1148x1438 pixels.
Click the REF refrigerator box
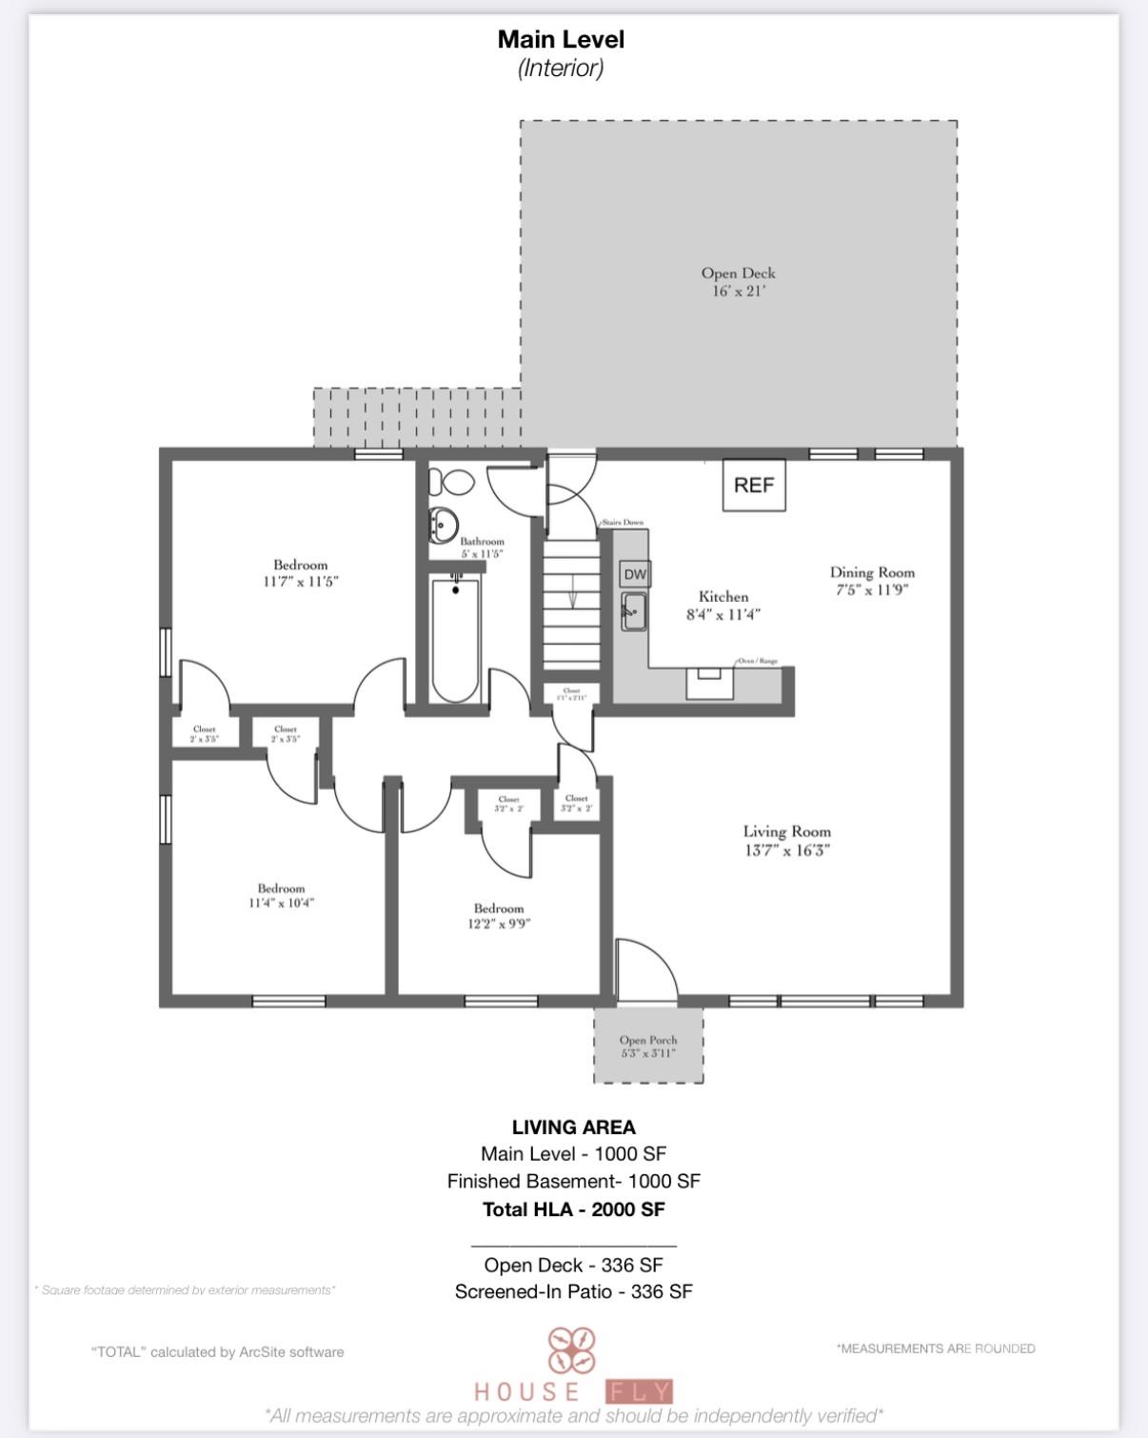click(x=754, y=486)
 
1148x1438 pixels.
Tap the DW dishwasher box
click(x=635, y=574)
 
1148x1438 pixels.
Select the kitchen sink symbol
click(x=634, y=610)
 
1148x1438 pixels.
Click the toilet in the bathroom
click(x=451, y=483)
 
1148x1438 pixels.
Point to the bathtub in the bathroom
click(x=455, y=638)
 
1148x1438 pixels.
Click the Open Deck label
click(x=738, y=273)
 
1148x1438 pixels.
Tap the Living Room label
click(x=786, y=831)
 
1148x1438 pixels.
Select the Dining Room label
click(x=872, y=572)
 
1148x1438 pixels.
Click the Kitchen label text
click(x=723, y=597)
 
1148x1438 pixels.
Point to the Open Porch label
click(x=648, y=1040)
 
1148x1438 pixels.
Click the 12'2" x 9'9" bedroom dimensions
click(x=499, y=923)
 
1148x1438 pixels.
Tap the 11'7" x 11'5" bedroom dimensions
click(x=301, y=581)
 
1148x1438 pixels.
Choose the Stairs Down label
click(x=623, y=523)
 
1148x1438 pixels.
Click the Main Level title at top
click(x=561, y=40)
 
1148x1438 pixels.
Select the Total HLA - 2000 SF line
click(x=573, y=1209)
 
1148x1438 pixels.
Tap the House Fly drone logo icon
click(x=571, y=1350)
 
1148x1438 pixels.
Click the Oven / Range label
click(x=759, y=661)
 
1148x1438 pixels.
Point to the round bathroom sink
click(x=444, y=523)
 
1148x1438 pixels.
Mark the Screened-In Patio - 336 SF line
click(x=573, y=1291)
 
